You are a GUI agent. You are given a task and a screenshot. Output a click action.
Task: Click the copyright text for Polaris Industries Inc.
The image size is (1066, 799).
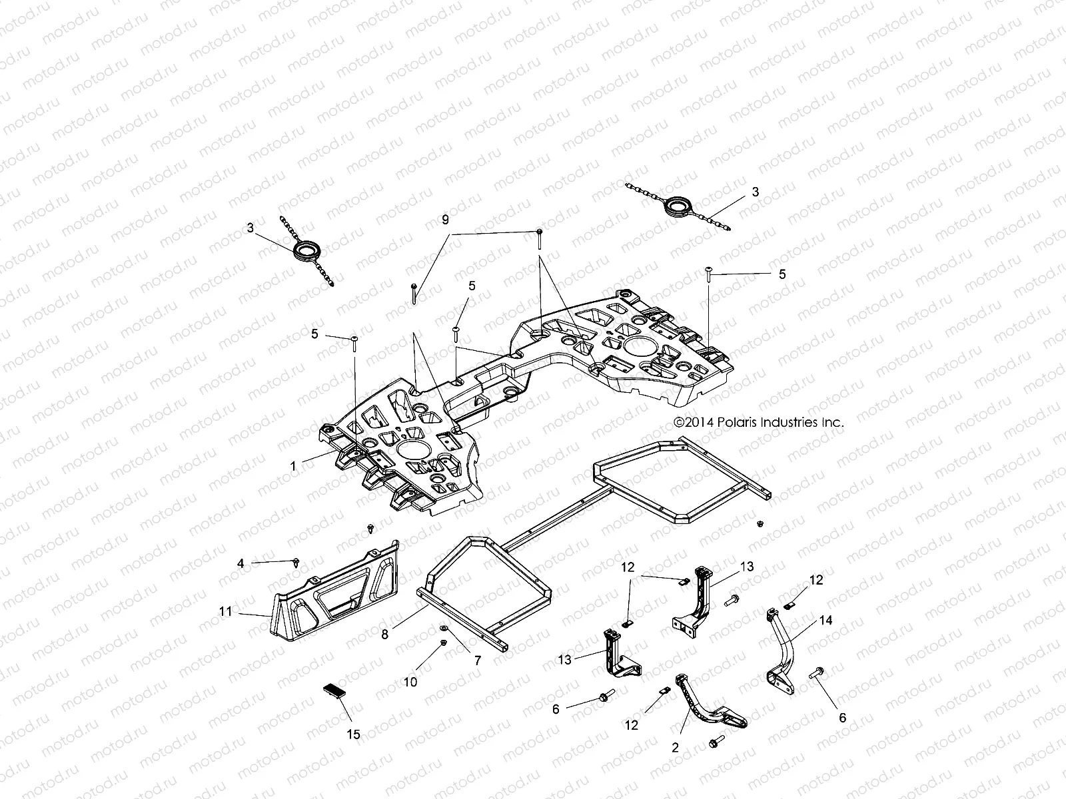tap(759, 422)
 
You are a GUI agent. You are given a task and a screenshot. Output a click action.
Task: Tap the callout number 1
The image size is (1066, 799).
tap(293, 467)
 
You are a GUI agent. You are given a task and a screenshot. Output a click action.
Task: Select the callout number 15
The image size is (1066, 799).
tap(354, 734)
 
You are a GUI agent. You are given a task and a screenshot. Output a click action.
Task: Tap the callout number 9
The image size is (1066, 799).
tap(445, 219)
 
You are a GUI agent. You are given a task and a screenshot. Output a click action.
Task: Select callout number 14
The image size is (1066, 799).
tap(826, 620)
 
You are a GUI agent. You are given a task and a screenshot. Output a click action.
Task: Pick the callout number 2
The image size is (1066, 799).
tap(675, 748)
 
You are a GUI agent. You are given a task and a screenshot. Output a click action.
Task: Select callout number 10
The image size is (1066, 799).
tap(411, 682)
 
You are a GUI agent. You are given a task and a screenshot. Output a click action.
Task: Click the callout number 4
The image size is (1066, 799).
tap(241, 563)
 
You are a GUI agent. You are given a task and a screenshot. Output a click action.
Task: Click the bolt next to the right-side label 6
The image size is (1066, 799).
tap(816, 674)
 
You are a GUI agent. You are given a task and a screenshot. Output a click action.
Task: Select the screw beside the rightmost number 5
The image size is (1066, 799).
tap(709, 274)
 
